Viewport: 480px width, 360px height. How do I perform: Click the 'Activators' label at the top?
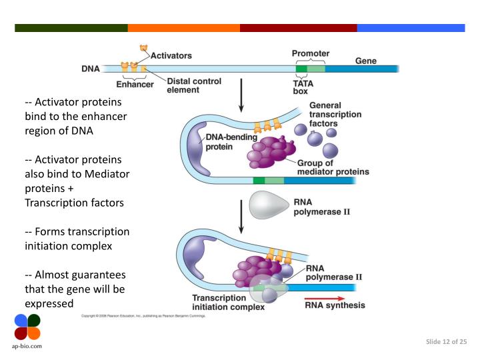click(171, 55)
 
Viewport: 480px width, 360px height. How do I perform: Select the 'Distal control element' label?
click(194, 85)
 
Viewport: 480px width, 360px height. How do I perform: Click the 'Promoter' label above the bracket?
click(311, 53)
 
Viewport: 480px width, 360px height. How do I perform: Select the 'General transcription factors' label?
click(335, 115)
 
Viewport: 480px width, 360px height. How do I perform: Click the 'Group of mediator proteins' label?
click(333, 167)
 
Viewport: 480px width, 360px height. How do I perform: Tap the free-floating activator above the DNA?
click(143, 47)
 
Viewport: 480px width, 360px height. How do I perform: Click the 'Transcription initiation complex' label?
click(228, 303)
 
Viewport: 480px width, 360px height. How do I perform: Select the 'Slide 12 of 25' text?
click(446, 342)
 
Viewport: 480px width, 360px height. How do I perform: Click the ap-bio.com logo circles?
click(27, 327)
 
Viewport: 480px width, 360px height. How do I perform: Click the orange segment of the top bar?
click(183, 28)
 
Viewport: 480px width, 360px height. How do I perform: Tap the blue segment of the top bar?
click(411, 28)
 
